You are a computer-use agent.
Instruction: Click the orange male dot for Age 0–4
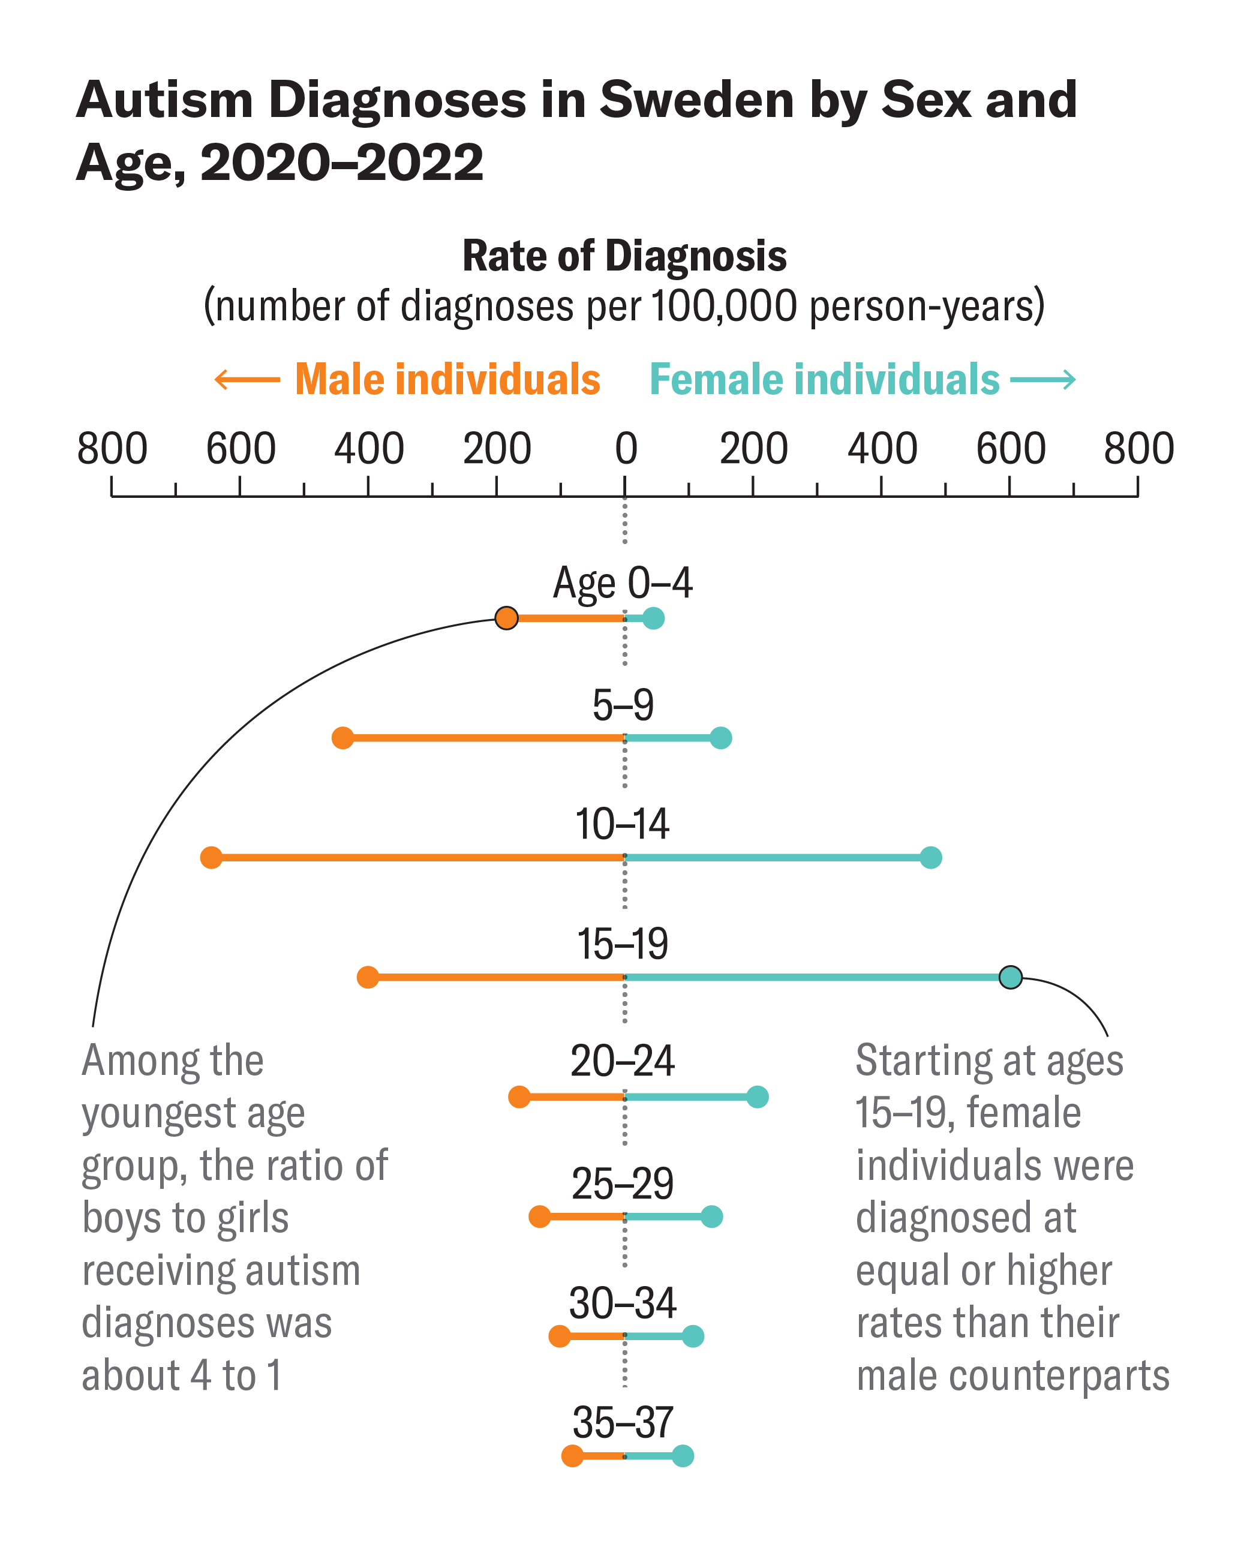[x=506, y=618]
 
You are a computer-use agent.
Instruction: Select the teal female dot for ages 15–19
[x=1010, y=977]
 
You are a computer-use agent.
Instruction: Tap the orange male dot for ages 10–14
[x=211, y=858]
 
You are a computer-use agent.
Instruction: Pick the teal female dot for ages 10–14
[x=931, y=858]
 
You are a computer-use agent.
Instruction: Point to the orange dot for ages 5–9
[x=342, y=738]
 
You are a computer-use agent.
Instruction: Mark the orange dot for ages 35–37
[x=572, y=1455]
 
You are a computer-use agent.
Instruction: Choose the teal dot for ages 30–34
[x=693, y=1336]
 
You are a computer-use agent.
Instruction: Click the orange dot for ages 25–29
[x=539, y=1217]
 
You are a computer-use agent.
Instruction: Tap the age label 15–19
[x=623, y=944]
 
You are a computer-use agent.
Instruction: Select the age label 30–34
[x=623, y=1303]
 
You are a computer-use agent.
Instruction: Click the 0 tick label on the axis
[x=626, y=449]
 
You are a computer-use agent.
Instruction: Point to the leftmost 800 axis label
[x=112, y=449]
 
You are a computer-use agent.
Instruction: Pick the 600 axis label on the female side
[x=1010, y=449]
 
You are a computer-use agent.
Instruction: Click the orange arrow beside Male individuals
[x=247, y=380]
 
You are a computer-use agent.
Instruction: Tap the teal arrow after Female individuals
[x=1042, y=380]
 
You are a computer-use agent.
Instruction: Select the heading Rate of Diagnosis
[x=624, y=256]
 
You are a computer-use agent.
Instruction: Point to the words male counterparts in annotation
[x=1012, y=1375]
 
